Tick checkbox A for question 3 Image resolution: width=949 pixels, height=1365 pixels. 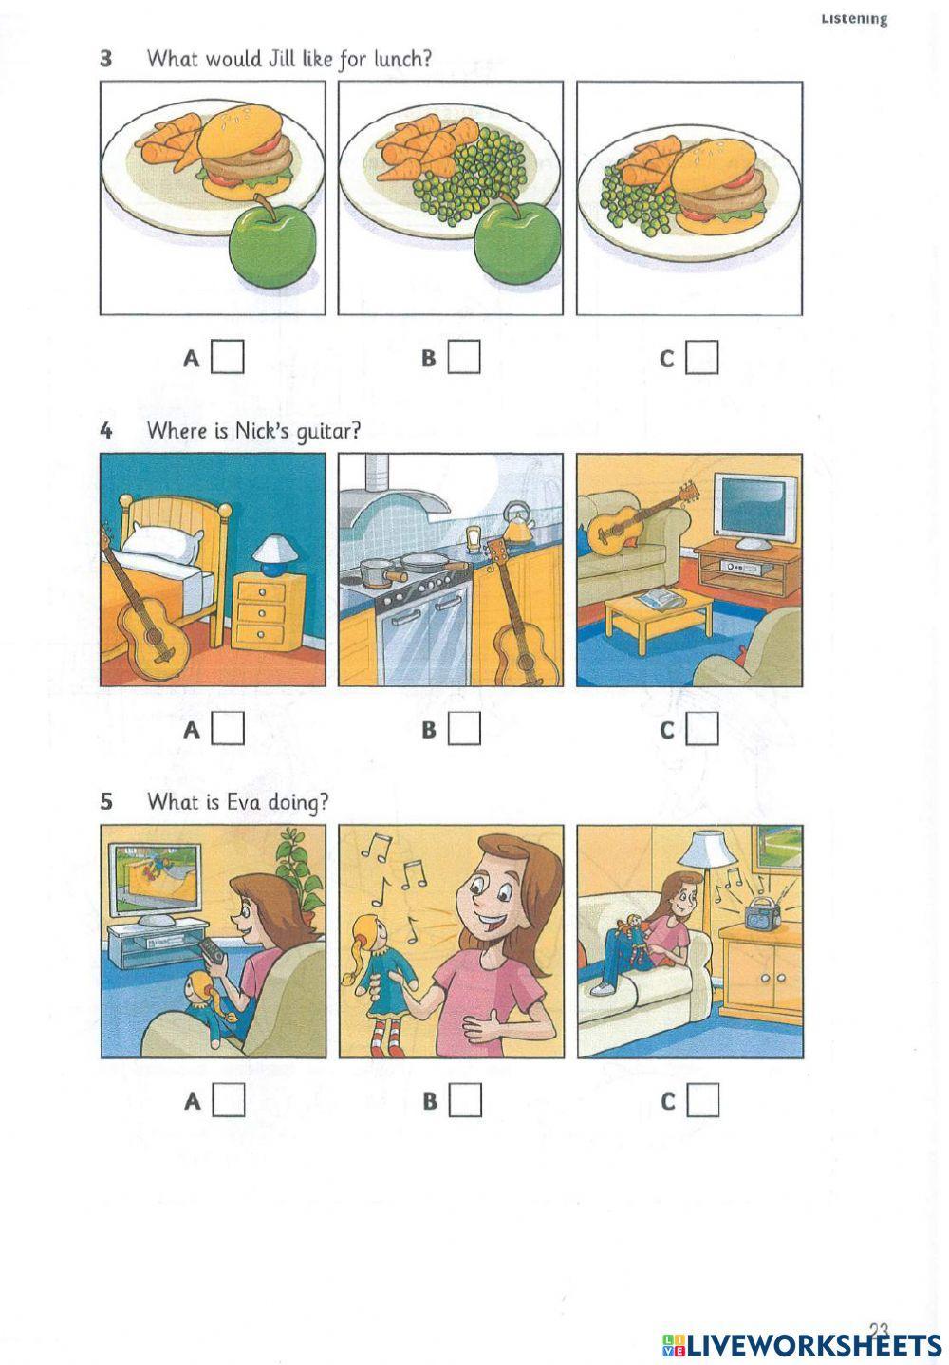pos(227,357)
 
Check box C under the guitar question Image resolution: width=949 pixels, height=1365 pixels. pos(702,729)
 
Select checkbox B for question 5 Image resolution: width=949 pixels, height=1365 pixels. pos(465,1100)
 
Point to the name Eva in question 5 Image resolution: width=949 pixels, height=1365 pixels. pos(244,802)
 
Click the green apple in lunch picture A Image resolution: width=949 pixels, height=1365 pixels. pos(271,243)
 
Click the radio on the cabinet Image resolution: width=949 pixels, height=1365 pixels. pos(763,911)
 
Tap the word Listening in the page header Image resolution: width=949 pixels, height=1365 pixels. pos(854,19)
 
